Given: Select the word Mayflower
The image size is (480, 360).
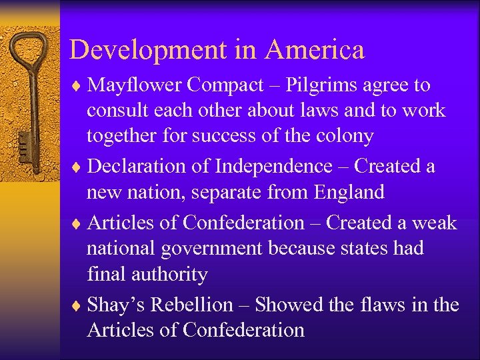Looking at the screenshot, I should coord(135,85).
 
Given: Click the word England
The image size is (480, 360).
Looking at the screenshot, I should coord(346,193).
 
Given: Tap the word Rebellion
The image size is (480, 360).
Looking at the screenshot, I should coord(193,305).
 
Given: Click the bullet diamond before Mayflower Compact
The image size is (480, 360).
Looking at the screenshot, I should coord(79,86).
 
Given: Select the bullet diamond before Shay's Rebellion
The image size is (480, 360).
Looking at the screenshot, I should coord(79,305).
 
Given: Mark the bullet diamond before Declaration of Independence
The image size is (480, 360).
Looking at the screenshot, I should coord(79,167).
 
